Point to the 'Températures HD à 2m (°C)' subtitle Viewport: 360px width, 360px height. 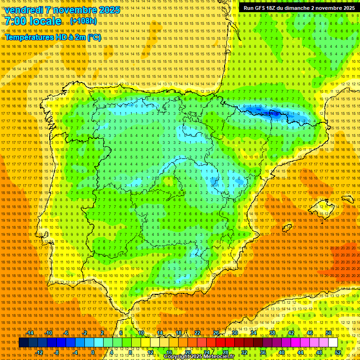tap(52, 37)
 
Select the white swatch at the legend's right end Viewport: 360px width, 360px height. tap(333, 343)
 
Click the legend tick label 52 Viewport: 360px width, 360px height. tap(338, 352)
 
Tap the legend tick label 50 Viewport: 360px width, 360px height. tap(329, 333)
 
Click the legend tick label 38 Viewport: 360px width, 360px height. tap(272, 333)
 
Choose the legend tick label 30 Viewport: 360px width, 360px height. tap(235, 333)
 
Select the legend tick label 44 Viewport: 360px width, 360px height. tap(300, 352)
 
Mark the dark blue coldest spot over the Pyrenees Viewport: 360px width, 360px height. tap(273, 113)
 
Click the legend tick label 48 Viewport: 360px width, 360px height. tap(319, 352)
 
